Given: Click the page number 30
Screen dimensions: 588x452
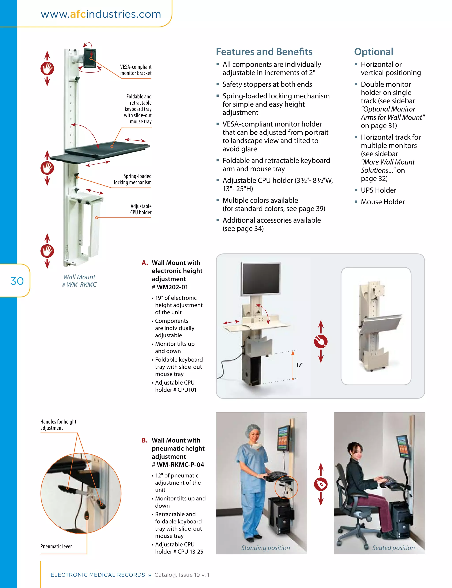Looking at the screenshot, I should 17,281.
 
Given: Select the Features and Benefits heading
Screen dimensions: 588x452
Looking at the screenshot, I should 264,52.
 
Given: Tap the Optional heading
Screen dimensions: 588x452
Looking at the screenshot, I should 373,52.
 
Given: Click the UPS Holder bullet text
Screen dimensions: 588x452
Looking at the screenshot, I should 378,190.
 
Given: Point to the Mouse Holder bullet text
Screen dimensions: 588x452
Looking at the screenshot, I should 382,202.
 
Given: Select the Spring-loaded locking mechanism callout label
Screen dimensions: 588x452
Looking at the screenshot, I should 133,179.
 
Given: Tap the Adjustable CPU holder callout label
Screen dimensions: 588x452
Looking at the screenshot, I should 141,209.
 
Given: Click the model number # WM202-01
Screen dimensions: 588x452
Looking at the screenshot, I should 170,287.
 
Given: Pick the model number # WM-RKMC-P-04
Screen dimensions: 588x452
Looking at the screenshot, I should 178,464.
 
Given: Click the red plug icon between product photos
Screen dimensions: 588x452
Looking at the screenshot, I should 321,341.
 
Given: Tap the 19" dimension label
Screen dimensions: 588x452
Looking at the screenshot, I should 299,365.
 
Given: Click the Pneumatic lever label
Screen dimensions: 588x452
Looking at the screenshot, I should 56,546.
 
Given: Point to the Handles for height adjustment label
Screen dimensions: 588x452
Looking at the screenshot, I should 58,425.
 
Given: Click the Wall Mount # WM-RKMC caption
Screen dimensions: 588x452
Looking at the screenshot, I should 79,281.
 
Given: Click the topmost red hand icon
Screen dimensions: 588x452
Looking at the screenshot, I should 47,68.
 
